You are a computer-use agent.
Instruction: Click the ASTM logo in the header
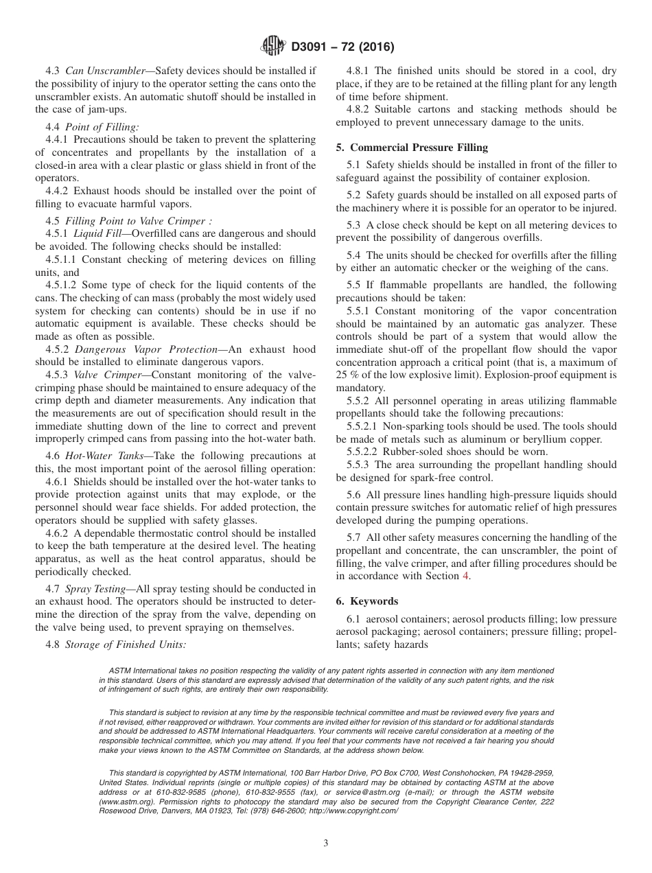pyautogui.click(x=273, y=47)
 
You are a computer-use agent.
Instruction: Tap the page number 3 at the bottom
pyautogui.click(x=326, y=843)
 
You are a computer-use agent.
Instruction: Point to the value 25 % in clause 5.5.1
pyautogui.click(x=348, y=375)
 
